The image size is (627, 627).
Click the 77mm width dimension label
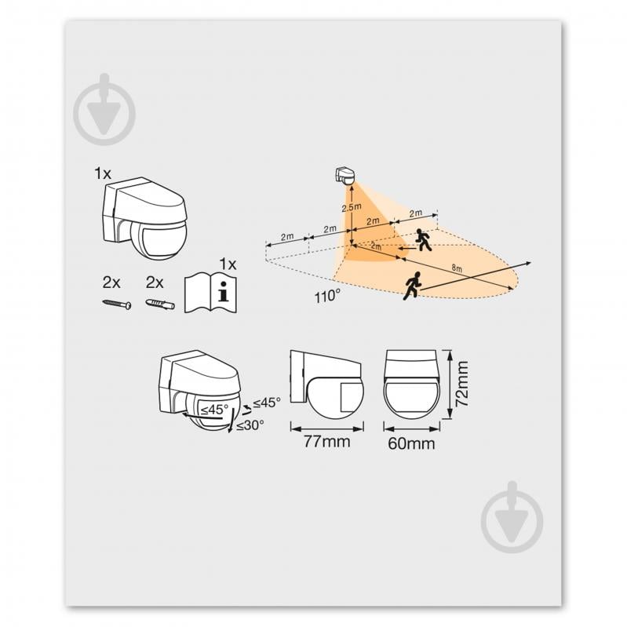[x=326, y=443]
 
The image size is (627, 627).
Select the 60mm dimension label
[x=411, y=445]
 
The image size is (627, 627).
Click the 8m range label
[x=456, y=268]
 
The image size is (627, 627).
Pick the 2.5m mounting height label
[x=350, y=208]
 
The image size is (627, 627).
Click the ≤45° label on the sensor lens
[x=213, y=409]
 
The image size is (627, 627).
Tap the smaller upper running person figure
[x=424, y=239]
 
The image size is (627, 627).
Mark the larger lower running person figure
[x=413, y=284]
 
